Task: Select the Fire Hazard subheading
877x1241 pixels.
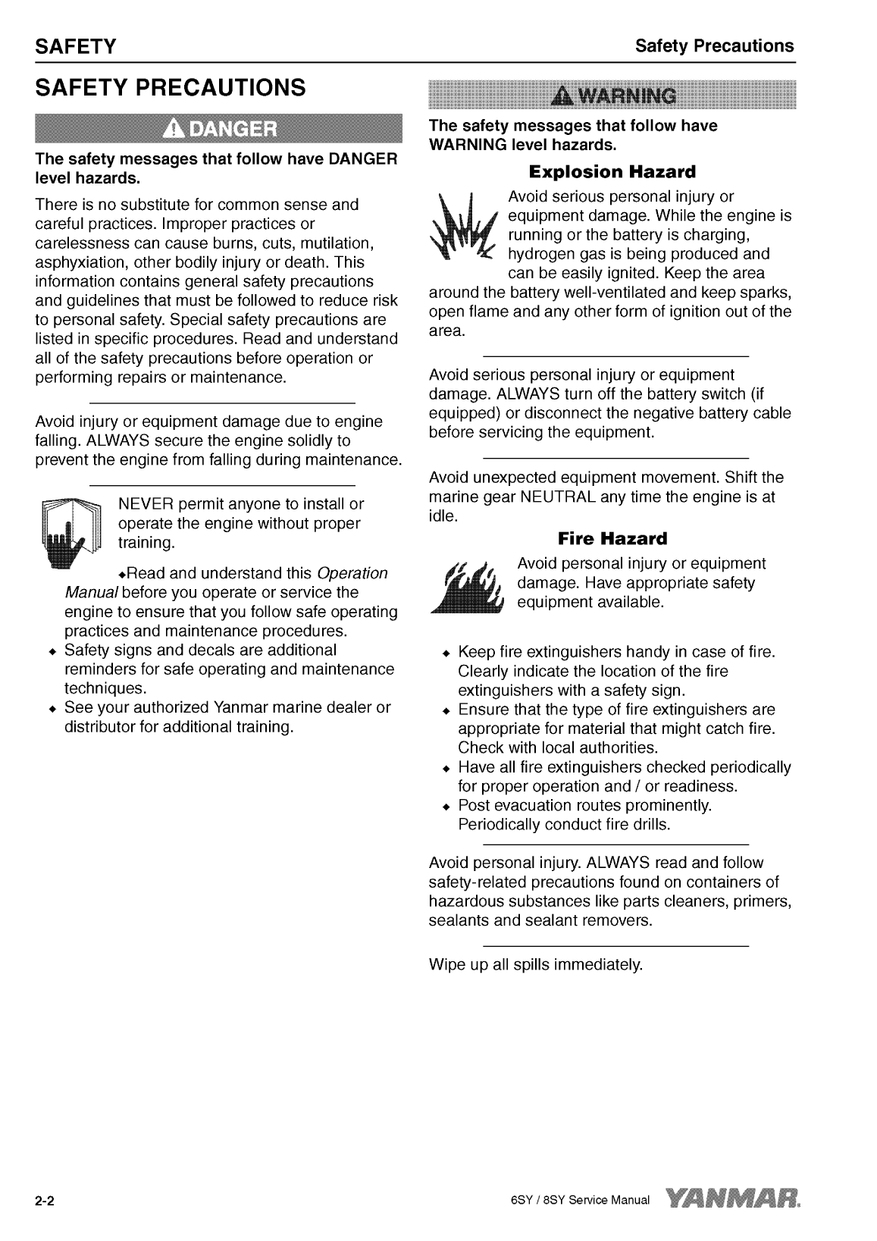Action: tap(612, 539)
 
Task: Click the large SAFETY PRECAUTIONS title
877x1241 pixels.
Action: tap(171, 88)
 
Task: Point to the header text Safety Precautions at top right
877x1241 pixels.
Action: tap(714, 45)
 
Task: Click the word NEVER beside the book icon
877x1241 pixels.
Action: tap(146, 504)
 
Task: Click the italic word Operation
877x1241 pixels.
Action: tap(352, 573)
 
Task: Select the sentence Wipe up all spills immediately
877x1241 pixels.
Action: tap(535, 965)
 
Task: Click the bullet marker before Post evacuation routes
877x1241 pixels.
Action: tap(447, 806)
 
